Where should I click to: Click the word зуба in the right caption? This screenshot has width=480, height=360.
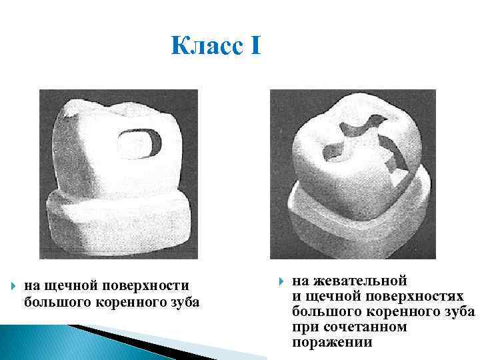pos(459,311)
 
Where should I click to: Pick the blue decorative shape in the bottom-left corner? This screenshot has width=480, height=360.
pos(40,340)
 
